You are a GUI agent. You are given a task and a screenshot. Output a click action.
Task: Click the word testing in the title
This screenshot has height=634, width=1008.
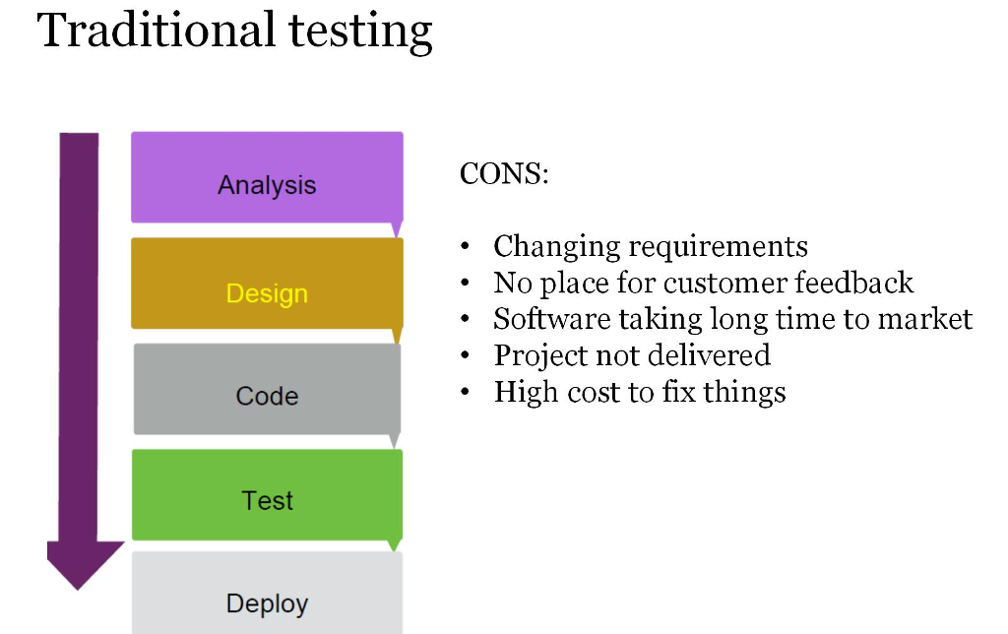tap(360, 32)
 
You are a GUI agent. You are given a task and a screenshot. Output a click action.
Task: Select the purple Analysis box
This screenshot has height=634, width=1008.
tap(267, 178)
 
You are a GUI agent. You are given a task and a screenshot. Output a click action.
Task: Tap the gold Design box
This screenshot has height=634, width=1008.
tap(267, 285)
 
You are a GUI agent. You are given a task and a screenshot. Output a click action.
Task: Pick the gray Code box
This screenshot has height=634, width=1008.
tap(267, 389)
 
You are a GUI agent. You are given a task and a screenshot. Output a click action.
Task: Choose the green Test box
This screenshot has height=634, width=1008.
tap(267, 494)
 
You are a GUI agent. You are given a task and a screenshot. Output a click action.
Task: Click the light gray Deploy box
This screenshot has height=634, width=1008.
tap(267, 597)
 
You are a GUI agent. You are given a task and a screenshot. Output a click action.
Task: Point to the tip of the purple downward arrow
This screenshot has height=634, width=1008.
tap(79, 586)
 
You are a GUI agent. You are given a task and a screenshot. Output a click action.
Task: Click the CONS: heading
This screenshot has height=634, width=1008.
tap(504, 174)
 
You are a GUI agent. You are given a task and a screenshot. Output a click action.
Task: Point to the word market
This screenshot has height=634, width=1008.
tap(922, 319)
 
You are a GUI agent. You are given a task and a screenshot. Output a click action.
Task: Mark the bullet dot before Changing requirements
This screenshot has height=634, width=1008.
tap(467, 247)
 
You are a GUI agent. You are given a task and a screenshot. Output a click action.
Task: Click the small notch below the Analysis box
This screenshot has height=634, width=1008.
tap(397, 230)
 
